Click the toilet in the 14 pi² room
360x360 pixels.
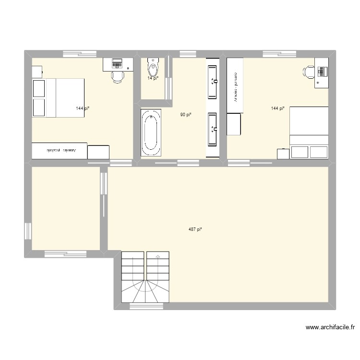[153, 64]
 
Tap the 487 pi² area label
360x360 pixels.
[195, 229]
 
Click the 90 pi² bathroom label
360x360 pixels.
[186, 114]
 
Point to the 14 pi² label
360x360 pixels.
[152, 78]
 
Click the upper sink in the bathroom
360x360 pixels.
[213, 81]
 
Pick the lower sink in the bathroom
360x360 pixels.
[213, 129]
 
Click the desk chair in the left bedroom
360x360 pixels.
[117, 76]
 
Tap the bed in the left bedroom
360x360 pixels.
[59, 98]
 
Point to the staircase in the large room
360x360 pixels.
[146, 277]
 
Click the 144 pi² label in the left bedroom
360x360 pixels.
[83, 108]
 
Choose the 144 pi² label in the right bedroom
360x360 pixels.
[277, 108]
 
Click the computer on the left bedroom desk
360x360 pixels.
[117, 63]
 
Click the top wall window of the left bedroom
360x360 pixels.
[79, 53]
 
